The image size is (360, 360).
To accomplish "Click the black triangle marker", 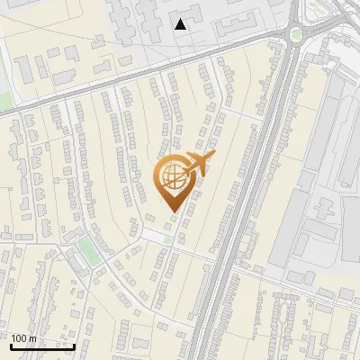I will click(181, 24).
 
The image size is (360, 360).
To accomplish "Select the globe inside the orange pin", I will click(173, 180).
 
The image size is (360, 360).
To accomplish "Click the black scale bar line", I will click(42, 346).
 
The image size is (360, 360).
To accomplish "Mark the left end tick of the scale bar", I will click(11, 345).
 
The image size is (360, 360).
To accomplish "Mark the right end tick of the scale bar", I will click(74, 345).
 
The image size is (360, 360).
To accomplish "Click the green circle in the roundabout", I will click(297, 34).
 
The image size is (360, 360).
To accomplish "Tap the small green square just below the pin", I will click(167, 240).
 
